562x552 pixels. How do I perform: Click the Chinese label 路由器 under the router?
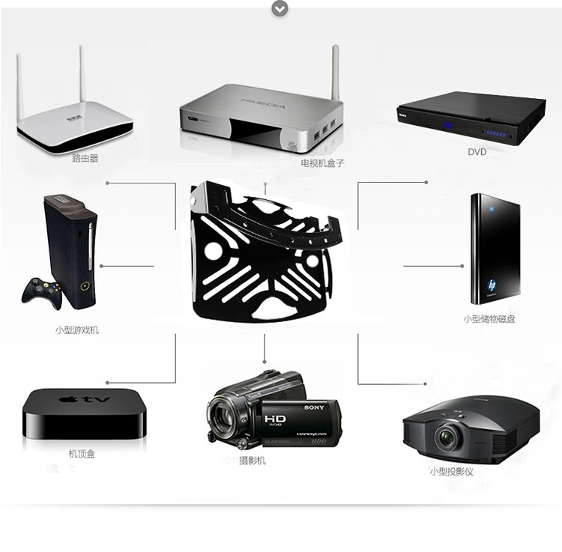[x=85, y=158]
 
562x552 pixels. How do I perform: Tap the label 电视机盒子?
[x=322, y=163]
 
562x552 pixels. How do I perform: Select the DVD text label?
[x=477, y=152]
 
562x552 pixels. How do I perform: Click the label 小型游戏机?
[x=76, y=330]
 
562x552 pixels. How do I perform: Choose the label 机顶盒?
[x=81, y=454]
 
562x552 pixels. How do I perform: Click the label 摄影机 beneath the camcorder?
[x=252, y=461]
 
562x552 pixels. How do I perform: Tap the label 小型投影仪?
[x=451, y=472]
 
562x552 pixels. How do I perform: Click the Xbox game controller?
[x=41, y=291]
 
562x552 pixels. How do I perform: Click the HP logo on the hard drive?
[x=492, y=285]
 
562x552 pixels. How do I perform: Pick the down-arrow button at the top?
[x=280, y=8]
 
